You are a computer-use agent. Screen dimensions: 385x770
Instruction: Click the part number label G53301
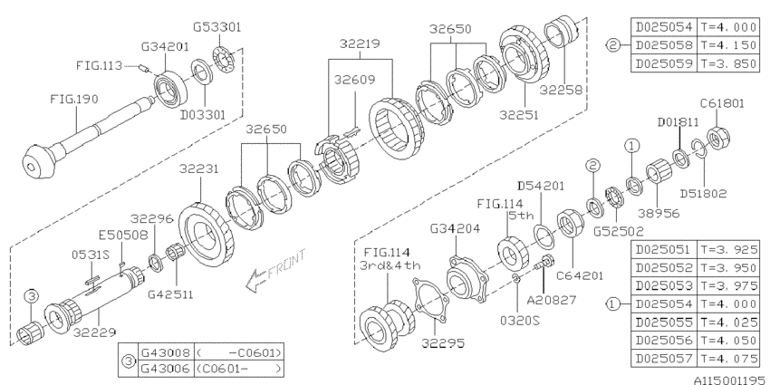217,27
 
